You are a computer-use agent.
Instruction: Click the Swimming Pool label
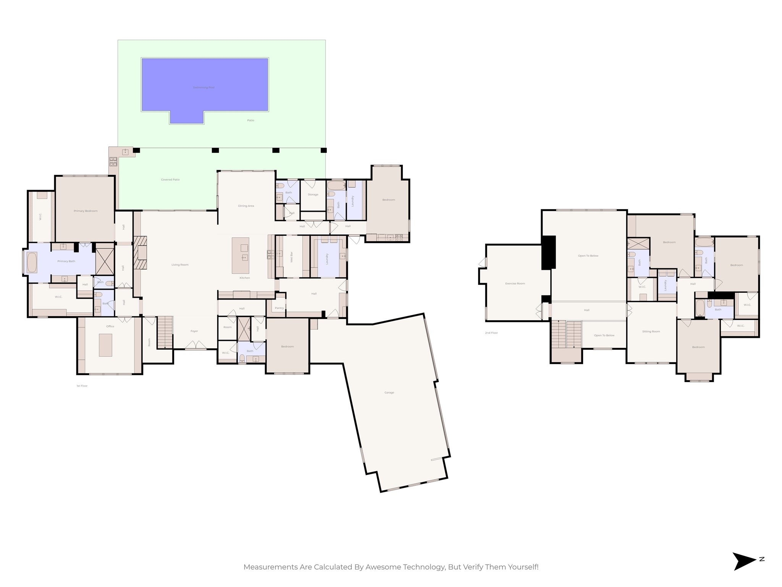click(x=204, y=88)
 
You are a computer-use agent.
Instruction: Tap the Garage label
click(x=389, y=392)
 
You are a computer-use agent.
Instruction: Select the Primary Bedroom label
click(x=86, y=211)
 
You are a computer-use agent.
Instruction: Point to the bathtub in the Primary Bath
click(x=32, y=262)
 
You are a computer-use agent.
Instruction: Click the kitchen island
click(x=241, y=255)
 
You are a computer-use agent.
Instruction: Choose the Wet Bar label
click(x=292, y=257)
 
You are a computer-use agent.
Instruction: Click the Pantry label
click(x=279, y=308)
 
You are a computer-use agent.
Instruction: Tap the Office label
click(x=110, y=326)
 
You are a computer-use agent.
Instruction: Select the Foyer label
click(x=194, y=331)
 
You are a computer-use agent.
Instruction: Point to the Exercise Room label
click(x=515, y=284)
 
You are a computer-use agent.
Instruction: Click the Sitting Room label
click(x=651, y=331)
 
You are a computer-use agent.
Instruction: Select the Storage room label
click(x=313, y=195)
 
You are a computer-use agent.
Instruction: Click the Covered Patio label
click(x=170, y=180)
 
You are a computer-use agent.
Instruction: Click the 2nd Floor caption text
click(x=491, y=333)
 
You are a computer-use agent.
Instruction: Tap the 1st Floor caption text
click(x=82, y=386)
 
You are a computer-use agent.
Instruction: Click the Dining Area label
click(x=246, y=206)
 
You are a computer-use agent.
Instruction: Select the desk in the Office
click(x=105, y=345)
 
